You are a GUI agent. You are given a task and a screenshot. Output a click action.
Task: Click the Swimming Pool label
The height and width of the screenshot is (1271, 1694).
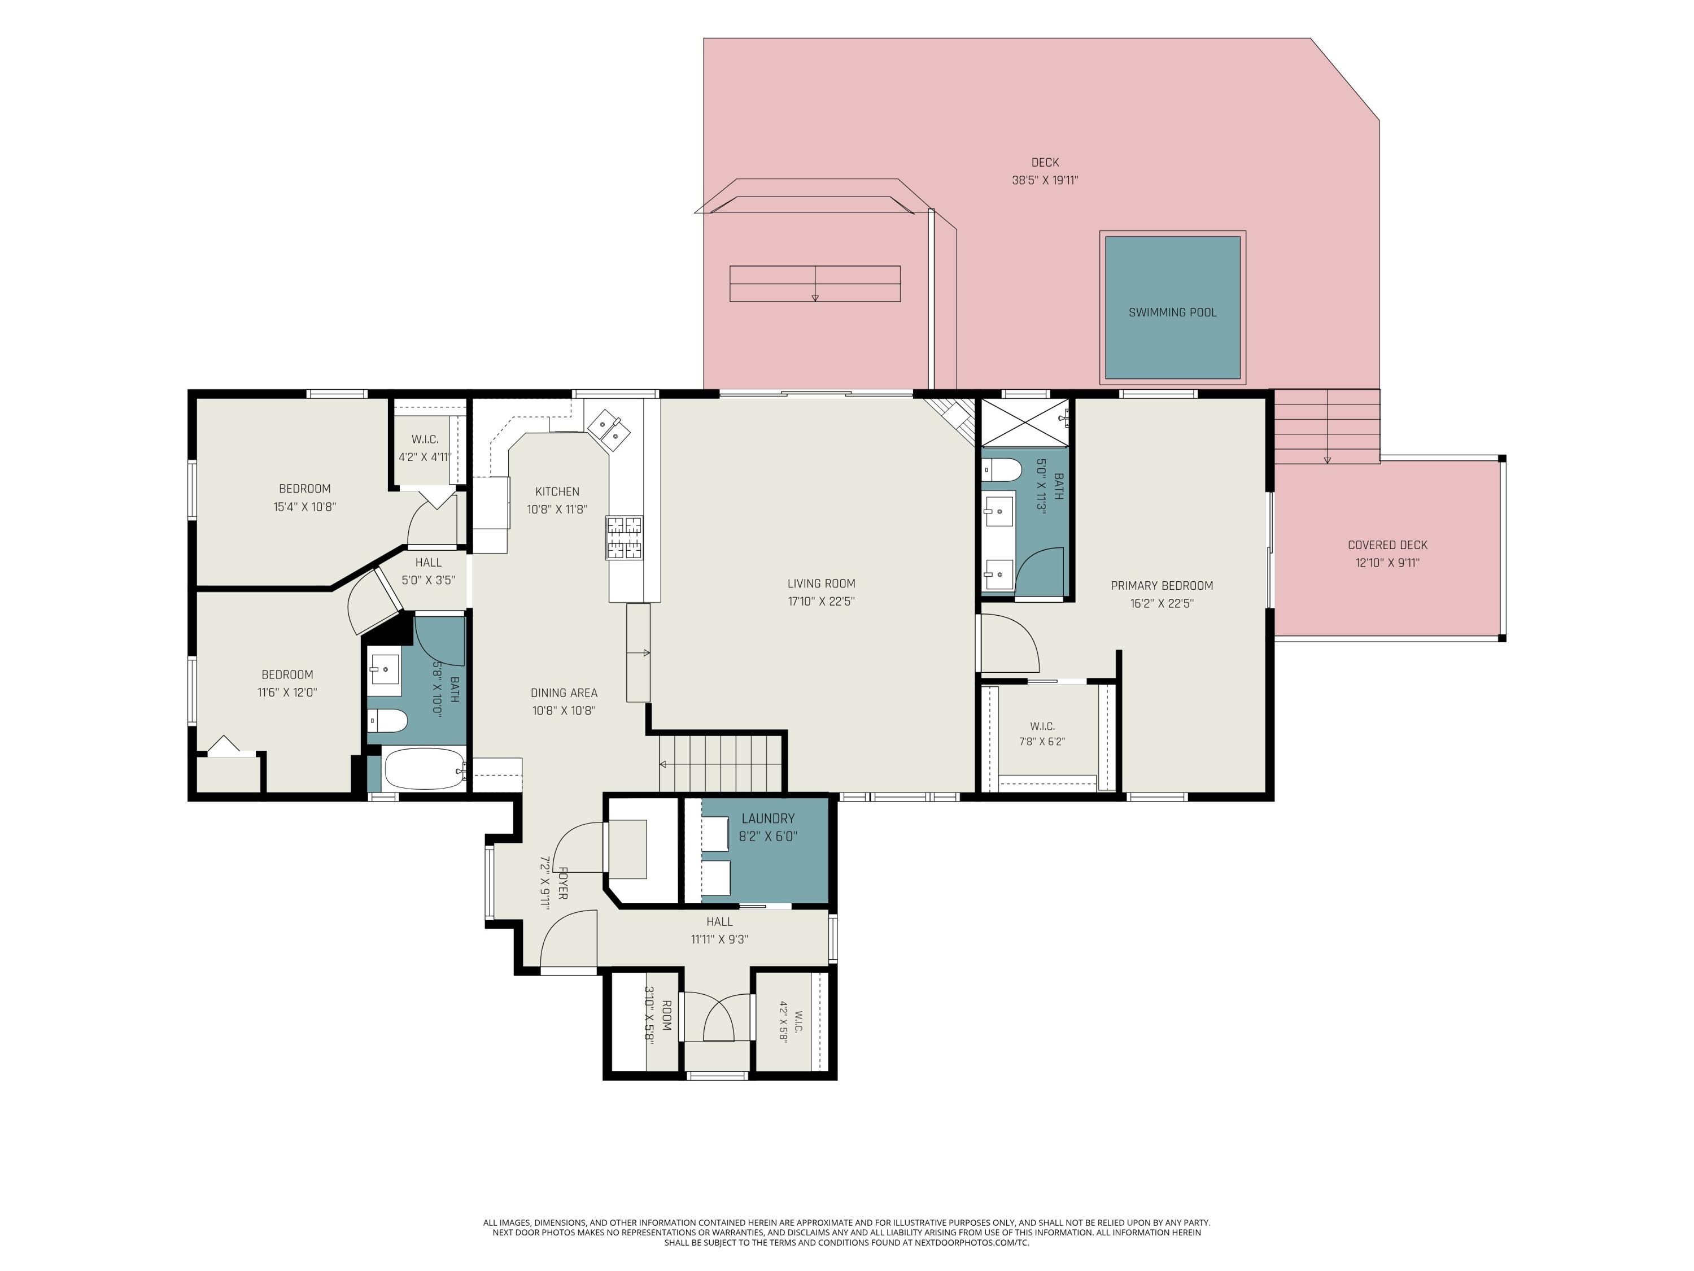1172,312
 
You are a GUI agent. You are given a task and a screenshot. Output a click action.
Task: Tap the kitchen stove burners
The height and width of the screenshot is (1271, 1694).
625,538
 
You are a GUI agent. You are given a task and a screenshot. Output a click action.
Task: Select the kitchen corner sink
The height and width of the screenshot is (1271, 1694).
610,426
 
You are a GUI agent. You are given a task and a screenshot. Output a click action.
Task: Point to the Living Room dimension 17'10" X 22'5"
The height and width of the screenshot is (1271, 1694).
821,602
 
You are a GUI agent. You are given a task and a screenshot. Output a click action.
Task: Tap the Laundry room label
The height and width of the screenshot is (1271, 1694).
768,818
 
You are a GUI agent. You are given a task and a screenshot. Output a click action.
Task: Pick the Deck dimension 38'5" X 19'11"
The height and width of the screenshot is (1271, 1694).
1045,181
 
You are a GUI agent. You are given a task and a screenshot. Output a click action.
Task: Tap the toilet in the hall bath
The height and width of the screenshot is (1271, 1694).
387,721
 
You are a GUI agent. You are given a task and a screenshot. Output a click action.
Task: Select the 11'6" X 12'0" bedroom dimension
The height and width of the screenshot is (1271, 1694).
287,693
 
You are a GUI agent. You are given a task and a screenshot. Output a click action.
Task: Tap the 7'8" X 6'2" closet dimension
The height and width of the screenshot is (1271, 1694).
1042,742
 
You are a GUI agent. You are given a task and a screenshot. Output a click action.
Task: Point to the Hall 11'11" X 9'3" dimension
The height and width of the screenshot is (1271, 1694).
719,939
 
